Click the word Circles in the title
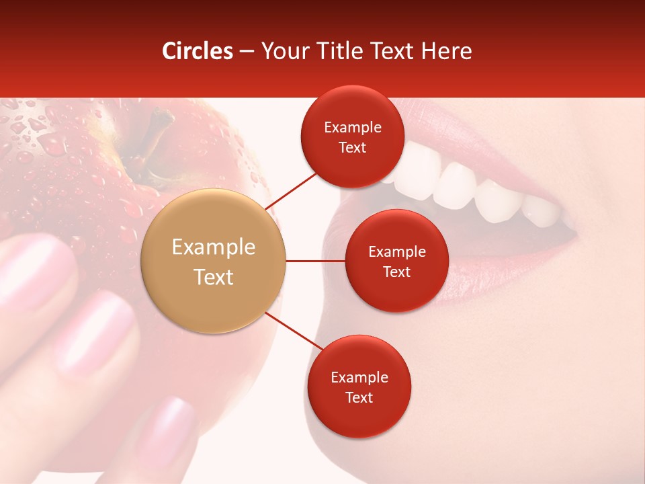198,51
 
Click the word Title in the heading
339,51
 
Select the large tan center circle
214,261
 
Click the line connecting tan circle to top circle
291,190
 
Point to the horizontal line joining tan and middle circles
315,261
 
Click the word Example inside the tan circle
214,247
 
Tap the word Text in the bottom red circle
359,397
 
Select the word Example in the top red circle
352,128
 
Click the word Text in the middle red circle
396,272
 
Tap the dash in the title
247,52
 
